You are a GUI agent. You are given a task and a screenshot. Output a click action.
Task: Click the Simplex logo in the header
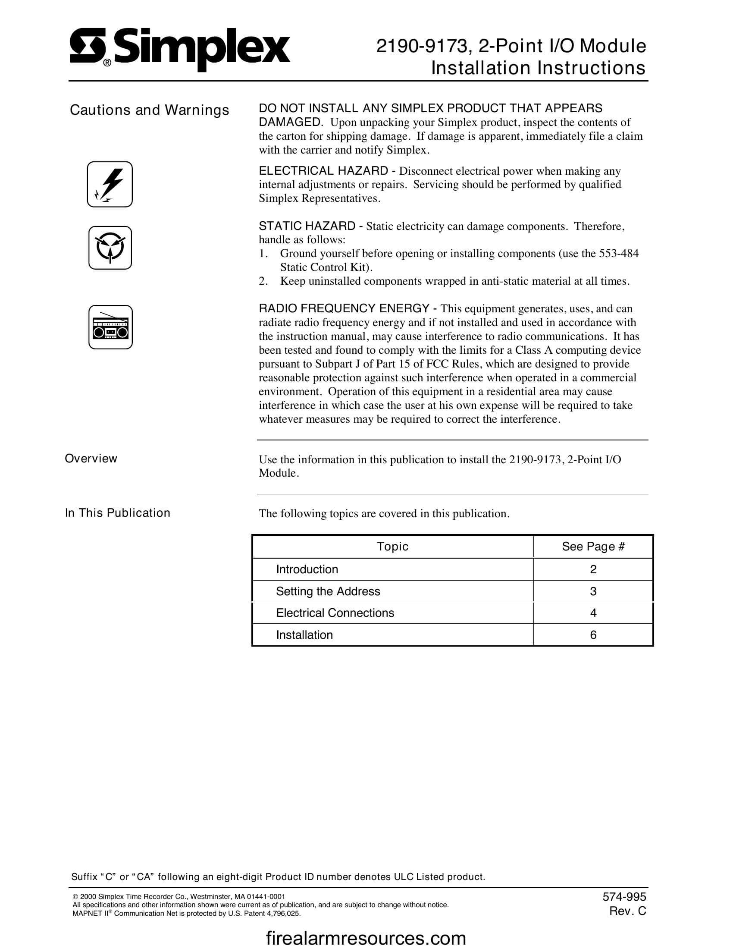[180, 49]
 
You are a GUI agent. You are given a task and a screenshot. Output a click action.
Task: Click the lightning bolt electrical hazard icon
[110, 184]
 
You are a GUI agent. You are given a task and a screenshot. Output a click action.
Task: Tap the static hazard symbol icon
[110, 248]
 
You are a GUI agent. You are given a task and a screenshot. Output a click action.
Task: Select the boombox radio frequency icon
[110, 327]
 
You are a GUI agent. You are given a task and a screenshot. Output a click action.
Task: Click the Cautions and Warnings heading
[149, 110]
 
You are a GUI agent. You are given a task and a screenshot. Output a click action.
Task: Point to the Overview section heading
[91, 459]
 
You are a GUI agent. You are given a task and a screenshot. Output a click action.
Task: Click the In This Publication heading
[118, 513]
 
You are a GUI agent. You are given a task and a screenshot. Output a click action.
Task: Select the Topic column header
[392, 547]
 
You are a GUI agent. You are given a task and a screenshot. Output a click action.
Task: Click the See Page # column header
[593, 547]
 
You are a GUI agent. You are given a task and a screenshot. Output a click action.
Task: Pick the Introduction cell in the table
[307, 570]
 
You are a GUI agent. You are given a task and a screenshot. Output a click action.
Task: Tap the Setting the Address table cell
[328, 591]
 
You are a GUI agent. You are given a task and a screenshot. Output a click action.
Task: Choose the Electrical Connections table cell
[335, 613]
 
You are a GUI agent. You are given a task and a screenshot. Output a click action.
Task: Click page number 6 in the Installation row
[593, 635]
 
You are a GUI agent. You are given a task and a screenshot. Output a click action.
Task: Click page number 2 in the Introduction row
[593, 570]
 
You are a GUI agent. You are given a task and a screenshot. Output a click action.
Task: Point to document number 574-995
[624, 897]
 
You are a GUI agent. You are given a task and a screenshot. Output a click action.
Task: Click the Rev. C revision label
[627, 911]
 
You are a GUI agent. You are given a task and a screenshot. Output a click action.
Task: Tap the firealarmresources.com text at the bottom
[366, 938]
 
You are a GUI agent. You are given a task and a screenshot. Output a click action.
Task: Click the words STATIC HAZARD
[307, 226]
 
